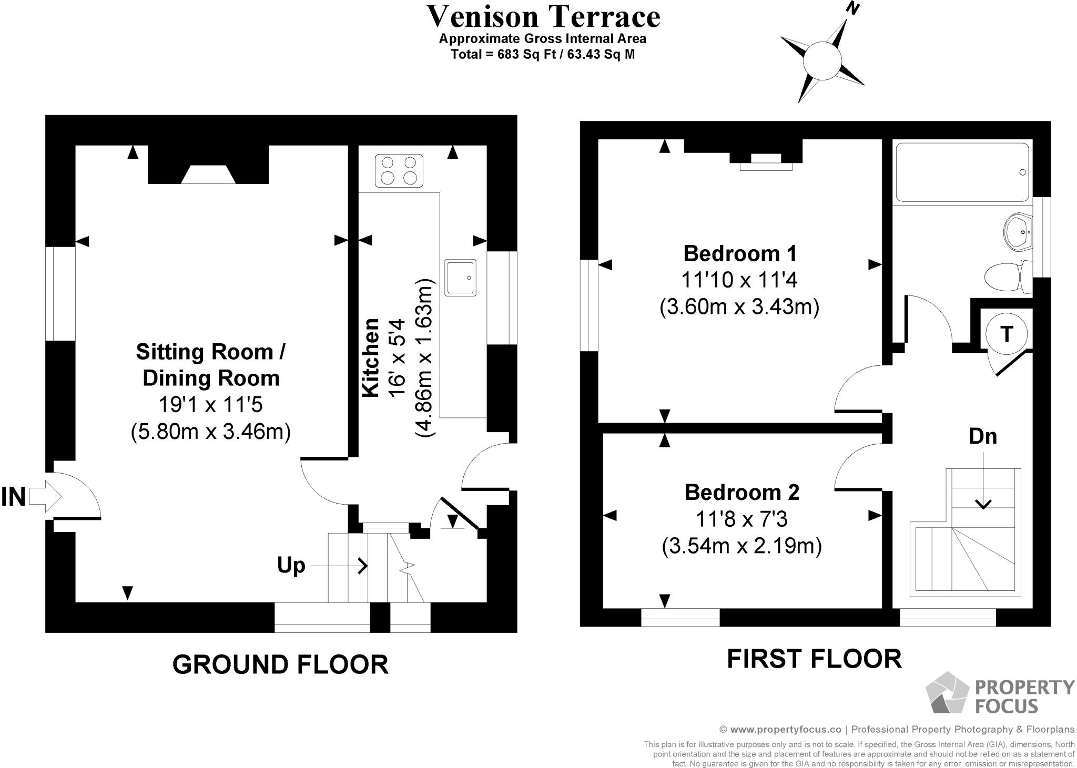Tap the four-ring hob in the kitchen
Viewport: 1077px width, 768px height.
click(399, 171)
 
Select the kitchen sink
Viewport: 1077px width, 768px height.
click(461, 277)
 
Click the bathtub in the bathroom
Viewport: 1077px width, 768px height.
click(962, 172)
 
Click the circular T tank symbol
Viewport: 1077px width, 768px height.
click(1006, 334)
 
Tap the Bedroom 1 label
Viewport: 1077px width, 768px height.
click(739, 254)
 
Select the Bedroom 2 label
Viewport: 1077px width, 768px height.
click(741, 493)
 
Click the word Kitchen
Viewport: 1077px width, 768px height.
click(371, 357)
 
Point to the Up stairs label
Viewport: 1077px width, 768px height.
click(291, 566)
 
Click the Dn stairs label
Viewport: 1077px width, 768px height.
click(982, 436)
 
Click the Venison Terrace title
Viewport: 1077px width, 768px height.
click(543, 17)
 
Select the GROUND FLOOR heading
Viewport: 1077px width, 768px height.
click(280, 664)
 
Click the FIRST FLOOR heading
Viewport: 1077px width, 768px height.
click(814, 659)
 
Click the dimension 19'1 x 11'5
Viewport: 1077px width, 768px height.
click(210, 405)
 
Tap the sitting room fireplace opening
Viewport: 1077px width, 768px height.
click(208, 175)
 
